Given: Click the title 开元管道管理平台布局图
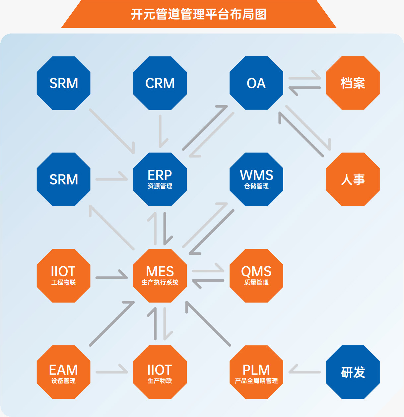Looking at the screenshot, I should coord(199,14).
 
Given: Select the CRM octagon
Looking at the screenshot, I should coord(160,83).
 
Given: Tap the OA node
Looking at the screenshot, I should coord(256,83).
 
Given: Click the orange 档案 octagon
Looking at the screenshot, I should coord(353,83).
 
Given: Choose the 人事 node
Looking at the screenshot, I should coord(353,179).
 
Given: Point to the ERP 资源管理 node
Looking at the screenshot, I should coord(160,179).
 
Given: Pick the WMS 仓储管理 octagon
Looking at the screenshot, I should coord(256,179).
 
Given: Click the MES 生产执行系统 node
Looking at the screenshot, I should coord(160,276).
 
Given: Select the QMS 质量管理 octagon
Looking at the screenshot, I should coord(256,276).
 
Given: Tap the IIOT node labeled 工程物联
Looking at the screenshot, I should coord(63,276).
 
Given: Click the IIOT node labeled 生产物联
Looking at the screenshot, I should coord(160,372).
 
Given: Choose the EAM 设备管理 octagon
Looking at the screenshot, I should coord(63,372).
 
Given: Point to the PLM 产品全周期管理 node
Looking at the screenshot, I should coord(256,372).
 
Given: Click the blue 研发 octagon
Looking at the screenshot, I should coord(353,372).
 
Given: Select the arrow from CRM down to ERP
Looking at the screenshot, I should coord(161,131).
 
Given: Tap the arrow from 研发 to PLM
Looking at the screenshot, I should coord(304,372).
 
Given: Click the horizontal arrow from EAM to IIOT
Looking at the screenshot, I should coord(111,372).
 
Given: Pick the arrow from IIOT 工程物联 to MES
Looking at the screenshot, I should coord(111,277).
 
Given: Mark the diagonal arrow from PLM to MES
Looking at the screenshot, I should coord(208,323).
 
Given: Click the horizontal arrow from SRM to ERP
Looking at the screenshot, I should coord(111,179).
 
